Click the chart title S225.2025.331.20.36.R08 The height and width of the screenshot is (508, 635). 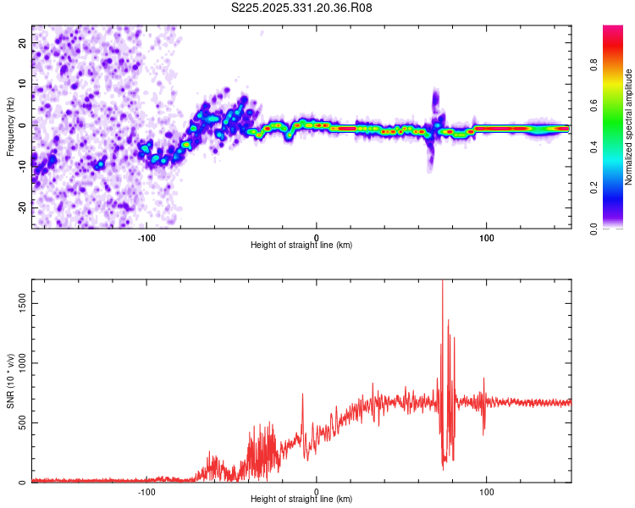[x=301, y=8]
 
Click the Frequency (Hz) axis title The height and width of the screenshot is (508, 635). [x=11, y=127]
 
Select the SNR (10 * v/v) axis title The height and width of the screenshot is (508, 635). [x=11, y=381]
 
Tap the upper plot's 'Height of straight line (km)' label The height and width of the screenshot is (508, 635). [x=301, y=245]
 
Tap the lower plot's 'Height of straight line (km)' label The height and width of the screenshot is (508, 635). [x=301, y=499]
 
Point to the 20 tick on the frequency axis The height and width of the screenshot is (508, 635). [x=23, y=42]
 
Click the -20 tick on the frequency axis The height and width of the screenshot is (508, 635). [x=21, y=207]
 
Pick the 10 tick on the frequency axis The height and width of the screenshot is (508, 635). [x=23, y=83]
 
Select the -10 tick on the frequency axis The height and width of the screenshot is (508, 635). [x=21, y=165]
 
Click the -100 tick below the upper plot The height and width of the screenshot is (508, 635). [x=146, y=237]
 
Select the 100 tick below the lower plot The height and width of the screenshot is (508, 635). [x=487, y=491]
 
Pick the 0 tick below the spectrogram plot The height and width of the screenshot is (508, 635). [x=317, y=237]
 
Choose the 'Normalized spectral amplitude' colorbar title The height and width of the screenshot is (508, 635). [x=629, y=127]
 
